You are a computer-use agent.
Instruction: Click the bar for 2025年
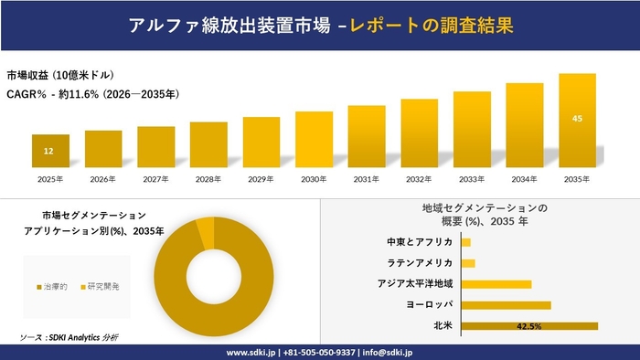[50, 151]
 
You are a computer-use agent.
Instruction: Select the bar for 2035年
[577, 122]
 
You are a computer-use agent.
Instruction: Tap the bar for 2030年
[314, 140]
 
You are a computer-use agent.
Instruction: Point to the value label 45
[577, 118]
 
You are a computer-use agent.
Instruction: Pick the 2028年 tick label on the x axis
[208, 179]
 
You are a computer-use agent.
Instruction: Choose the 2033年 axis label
[472, 179]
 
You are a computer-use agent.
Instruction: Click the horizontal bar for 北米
[529, 325]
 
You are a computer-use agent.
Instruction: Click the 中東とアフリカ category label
[420, 242]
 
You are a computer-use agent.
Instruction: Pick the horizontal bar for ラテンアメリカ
[468, 263]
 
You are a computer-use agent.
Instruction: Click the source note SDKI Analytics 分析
[81, 337]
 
